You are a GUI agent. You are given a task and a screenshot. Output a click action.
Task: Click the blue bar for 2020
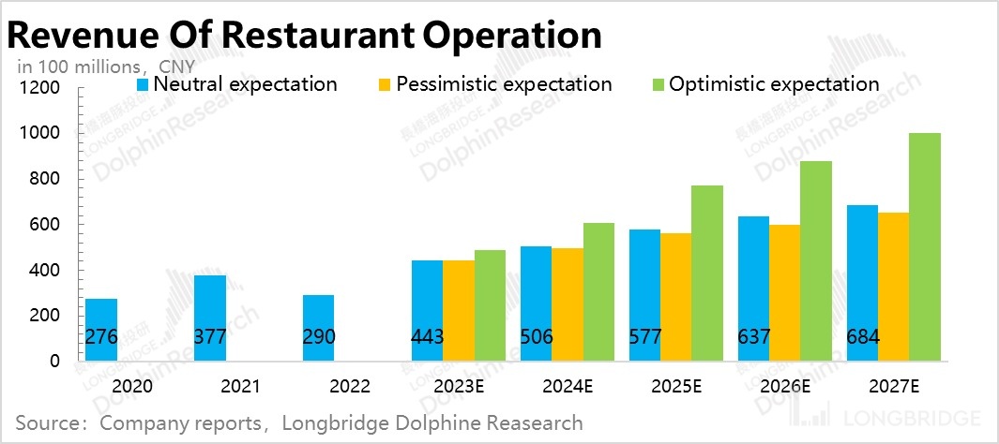(x=100, y=329)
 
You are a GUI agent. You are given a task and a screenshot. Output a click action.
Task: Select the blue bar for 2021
(x=209, y=318)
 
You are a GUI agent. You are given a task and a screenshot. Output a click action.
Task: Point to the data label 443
(x=428, y=337)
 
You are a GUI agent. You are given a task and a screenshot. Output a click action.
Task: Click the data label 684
(x=863, y=337)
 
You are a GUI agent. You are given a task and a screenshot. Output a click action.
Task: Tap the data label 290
(x=319, y=337)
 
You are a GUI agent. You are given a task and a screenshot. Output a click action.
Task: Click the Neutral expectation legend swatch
(x=143, y=84)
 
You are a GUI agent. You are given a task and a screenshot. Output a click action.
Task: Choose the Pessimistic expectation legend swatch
(x=383, y=84)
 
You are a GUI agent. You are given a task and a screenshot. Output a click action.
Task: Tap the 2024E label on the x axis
(x=567, y=385)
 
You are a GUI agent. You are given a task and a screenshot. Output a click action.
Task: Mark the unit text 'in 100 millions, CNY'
(x=105, y=67)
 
